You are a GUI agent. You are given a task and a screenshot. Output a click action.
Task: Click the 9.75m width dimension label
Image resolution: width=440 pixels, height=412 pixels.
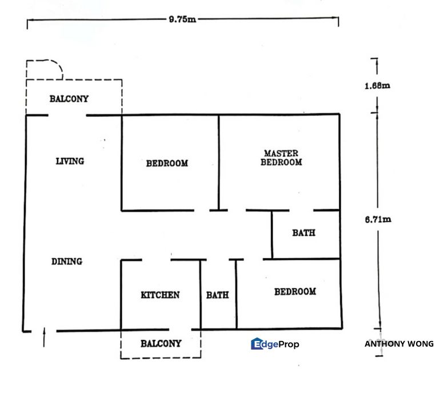pos(182,19)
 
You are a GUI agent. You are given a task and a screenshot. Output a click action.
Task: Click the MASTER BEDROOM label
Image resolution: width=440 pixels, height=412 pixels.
pos(281,158)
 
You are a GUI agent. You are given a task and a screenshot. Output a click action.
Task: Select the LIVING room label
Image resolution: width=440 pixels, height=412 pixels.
pos(70,161)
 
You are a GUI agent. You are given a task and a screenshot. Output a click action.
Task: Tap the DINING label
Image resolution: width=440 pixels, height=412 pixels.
pos(67,262)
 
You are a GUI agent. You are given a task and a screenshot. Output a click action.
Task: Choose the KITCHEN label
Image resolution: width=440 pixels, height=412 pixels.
pos(160,295)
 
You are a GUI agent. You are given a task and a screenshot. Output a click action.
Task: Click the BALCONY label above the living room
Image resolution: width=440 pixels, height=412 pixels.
pos(69,98)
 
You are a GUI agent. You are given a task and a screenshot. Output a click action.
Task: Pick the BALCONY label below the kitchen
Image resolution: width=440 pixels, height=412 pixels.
pos(161,344)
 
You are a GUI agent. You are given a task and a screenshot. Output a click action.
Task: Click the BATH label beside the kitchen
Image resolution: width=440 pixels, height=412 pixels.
pos(218,295)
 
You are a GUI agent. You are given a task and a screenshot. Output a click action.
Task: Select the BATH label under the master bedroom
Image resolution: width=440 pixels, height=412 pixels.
pos(303,233)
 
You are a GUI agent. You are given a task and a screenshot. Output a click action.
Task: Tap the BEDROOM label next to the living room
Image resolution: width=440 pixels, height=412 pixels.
pos(167,163)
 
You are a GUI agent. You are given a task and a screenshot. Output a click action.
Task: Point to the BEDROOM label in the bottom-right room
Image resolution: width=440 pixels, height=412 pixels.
pos(295,292)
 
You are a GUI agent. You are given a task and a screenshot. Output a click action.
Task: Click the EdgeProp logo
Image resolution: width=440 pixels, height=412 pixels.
pos(275,344)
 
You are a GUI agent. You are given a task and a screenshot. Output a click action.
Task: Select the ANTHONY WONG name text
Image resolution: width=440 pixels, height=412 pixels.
pos(399,344)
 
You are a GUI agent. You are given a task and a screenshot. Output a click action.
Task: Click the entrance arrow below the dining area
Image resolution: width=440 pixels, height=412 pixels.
pos(44,339)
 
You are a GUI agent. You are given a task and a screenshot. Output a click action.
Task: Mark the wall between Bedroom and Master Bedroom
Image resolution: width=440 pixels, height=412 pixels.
pos(219,163)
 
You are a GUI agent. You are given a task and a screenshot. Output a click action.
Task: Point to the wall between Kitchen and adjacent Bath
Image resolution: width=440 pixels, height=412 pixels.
pos(201,295)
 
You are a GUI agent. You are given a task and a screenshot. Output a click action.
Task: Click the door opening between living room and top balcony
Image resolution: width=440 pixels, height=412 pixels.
pos(67,116)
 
